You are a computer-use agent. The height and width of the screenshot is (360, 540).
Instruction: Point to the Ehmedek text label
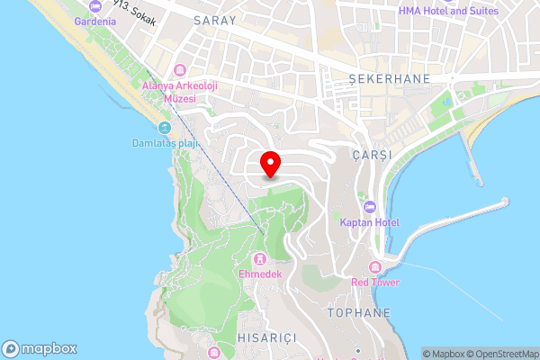pyautogui.click(x=260, y=274)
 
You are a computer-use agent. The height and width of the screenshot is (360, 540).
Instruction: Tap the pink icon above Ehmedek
pyautogui.click(x=260, y=259)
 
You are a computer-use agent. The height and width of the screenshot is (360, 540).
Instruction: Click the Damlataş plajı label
pyautogui.click(x=162, y=144)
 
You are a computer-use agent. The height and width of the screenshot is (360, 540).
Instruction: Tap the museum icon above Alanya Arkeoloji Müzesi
pyautogui.click(x=178, y=70)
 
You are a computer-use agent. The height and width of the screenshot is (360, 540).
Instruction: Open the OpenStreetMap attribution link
pyautogui.click(x=502, y=354)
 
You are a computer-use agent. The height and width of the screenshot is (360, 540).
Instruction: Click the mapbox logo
pyautogui.click(x=40, y=348)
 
